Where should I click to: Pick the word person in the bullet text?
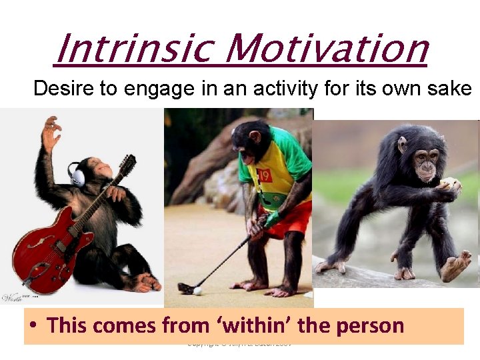coord(369,327)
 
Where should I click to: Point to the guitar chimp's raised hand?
coord(50,130)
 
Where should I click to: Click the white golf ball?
coord(197,290)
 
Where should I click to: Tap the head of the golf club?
coord(185,288)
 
